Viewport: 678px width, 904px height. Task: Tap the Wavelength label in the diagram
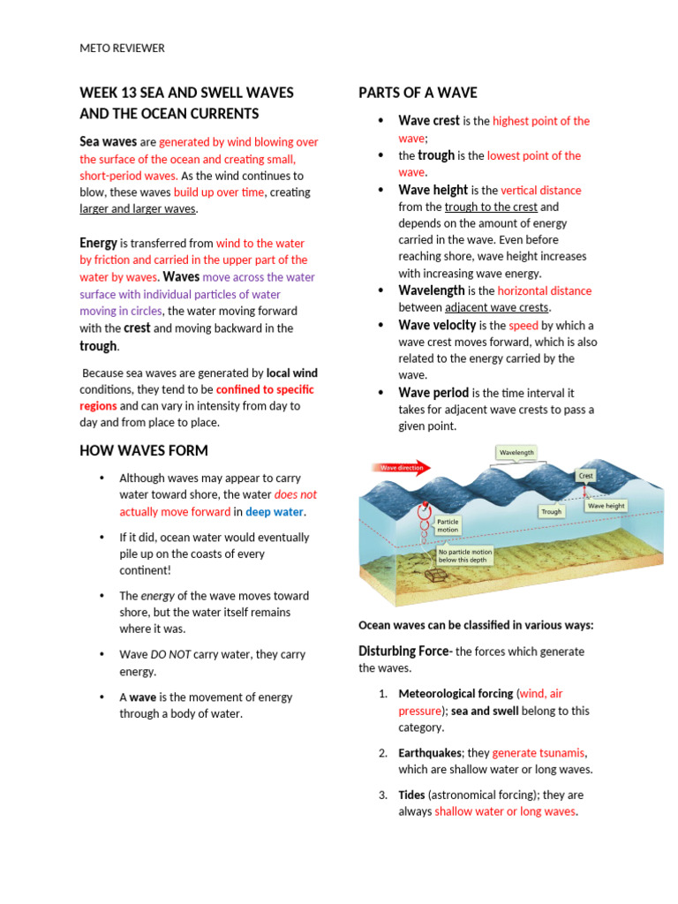tap(516, 452)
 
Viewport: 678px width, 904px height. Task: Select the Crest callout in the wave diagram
tap(585, 476)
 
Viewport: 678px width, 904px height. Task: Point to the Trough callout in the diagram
tap(551, 511)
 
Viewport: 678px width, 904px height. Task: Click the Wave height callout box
tap(606, 506)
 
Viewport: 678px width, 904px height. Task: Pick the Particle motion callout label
tap(448, 525)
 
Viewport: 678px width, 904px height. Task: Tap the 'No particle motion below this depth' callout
tap(465, 555)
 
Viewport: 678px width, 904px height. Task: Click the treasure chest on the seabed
tap(434, 575)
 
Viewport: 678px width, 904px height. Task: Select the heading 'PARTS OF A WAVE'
tap(418, 93)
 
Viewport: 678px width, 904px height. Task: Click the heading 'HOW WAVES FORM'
tap(144, 450)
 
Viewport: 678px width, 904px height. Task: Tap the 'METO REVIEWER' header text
tap(122, 49)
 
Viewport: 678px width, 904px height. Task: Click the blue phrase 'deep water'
tap(274, 512)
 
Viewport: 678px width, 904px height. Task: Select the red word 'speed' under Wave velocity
tap(523, 325)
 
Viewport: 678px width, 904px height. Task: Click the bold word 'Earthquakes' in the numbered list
tap(430, 753)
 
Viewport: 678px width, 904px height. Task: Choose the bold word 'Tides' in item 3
tap(411, 795)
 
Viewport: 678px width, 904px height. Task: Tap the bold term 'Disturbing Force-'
tap(405, 652)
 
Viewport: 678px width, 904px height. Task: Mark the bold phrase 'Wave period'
tap(433, 393)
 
